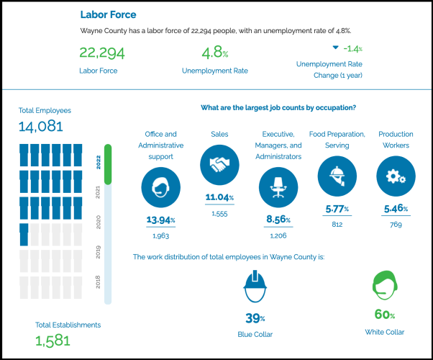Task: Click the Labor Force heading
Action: (x=108, y=14)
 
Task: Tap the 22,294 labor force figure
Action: (x=99, y=53)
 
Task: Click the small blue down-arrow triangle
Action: (x=335, y=48)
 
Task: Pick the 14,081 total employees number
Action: (x=41, y=127)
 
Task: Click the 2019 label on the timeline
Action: (x=98, y=251)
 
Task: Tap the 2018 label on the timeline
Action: (x=98, y=282)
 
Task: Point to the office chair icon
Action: (x=277, y=186)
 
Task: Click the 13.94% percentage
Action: (x=160, y=220)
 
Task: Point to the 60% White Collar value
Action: (x=384, y=315)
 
